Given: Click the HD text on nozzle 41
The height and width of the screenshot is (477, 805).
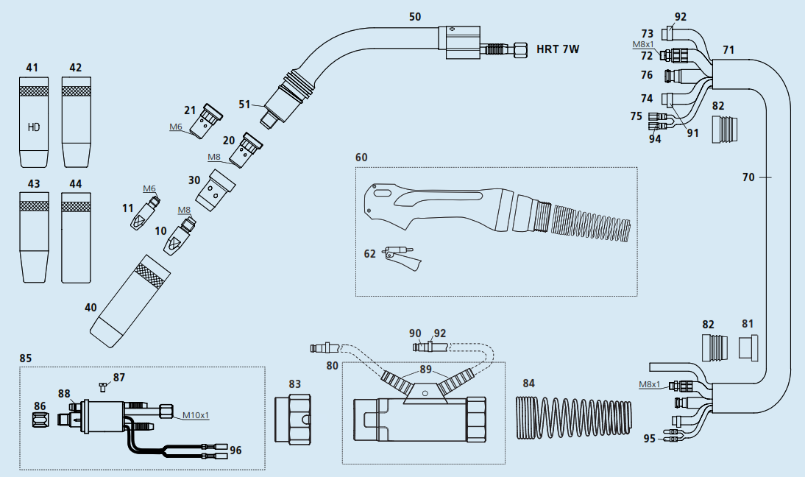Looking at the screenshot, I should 33,127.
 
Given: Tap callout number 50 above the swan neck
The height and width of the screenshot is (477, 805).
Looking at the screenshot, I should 415,16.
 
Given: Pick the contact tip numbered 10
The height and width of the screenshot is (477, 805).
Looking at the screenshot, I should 179,237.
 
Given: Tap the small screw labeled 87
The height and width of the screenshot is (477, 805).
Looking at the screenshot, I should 102,385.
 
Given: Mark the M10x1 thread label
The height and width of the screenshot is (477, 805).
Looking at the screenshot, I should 195,415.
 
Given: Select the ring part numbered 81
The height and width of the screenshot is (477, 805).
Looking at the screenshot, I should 748,348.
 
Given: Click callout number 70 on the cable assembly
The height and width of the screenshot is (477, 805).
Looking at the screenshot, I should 748,177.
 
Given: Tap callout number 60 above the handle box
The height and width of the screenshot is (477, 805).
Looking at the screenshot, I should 361,158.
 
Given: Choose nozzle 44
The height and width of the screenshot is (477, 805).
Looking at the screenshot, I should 76,238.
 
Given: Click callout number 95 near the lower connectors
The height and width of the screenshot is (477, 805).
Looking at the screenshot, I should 648,439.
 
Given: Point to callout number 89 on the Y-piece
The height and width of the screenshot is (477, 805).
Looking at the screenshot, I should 425,370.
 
